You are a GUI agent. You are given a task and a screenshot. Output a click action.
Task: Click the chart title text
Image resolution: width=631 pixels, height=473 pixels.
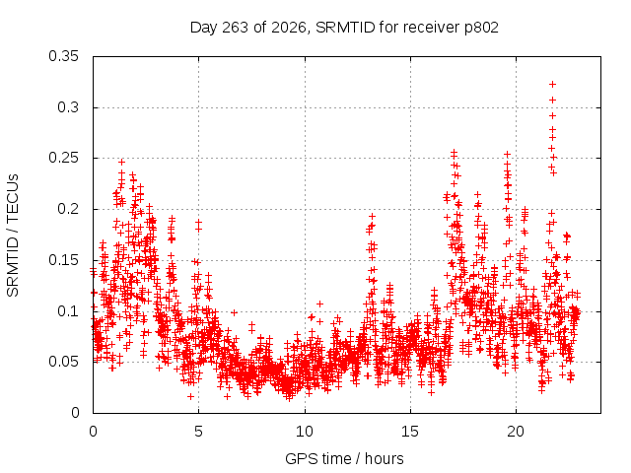coord(344,28)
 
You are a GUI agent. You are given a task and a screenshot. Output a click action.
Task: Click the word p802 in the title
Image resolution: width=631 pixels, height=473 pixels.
coord(482,29)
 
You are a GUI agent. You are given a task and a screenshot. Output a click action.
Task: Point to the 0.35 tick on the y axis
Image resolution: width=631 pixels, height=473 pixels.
coord(63,56)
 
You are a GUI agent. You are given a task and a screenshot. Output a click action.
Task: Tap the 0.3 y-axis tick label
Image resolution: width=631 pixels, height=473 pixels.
coord(68,107)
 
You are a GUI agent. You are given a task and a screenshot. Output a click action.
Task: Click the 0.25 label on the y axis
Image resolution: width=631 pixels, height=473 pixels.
coord(63,158)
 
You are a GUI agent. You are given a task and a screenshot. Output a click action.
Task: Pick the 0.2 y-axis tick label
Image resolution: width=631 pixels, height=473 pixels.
coord(68,209)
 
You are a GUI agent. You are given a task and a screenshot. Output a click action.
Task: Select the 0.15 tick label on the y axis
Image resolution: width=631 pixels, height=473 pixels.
coord(63,260)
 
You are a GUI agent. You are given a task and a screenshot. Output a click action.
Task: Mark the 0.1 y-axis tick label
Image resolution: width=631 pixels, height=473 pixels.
coord(68,311)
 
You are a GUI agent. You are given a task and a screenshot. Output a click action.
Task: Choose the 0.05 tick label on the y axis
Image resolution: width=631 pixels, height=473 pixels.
coord(63,362)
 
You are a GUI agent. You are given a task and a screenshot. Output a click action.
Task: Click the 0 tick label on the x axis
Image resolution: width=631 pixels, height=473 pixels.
coord(93,432)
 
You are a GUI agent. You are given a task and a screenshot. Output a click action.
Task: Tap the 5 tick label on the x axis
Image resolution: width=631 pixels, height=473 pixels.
coord(198,432)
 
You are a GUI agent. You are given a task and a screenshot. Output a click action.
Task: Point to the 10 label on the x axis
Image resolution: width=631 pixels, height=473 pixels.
coord(305,432)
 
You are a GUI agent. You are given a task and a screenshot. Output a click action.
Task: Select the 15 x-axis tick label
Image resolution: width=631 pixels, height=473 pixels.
coord(410,432)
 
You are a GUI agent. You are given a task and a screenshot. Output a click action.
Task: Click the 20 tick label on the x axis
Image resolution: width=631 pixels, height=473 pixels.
coord(516,432)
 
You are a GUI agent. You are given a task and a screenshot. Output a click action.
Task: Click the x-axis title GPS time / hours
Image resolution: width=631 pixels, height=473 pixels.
coord(344,459)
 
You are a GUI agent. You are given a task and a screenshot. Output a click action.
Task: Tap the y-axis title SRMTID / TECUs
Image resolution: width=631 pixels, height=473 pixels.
coord(13,236)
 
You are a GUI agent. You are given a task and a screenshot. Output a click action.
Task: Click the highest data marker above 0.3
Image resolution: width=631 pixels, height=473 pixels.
coord(552,84)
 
